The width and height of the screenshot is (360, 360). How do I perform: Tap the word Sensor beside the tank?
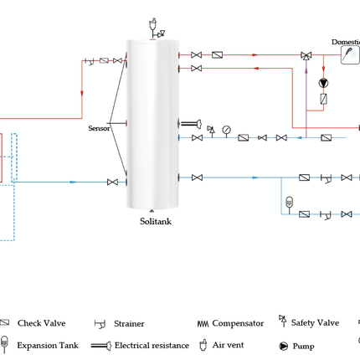tap(100, 129)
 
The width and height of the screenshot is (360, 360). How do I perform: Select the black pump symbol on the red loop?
tap(324, 84)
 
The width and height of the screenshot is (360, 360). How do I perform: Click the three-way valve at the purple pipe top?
tap(306, 55)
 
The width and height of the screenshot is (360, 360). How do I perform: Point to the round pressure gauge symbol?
tap(225, 130)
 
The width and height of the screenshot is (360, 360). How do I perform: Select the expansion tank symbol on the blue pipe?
tap(289, 201)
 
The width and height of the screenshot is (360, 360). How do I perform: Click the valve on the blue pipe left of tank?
tap(112, 182)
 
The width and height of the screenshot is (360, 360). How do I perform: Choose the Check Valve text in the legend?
tap(41, 323)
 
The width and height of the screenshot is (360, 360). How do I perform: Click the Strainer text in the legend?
tap(129, 324)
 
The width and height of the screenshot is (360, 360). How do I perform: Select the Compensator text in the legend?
tap(238, 323)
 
